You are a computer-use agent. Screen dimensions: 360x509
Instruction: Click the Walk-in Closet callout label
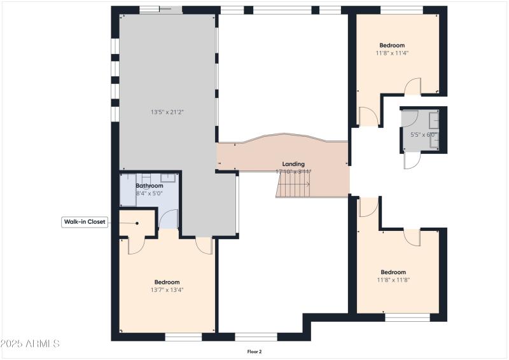84,222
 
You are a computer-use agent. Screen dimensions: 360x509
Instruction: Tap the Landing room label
293,163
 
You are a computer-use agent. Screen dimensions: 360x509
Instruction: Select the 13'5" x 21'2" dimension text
167,112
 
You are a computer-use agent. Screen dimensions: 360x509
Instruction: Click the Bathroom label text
150,186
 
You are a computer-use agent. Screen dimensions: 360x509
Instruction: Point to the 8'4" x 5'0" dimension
150,193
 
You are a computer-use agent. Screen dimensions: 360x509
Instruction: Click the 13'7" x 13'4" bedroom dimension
167,290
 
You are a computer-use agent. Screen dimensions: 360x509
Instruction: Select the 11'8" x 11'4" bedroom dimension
392,53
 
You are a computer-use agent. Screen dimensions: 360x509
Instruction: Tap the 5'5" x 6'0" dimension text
423,135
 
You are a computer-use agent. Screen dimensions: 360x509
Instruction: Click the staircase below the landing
293,185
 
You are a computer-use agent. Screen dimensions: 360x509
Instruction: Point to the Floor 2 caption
254,351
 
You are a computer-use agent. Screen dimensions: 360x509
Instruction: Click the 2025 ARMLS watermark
30,343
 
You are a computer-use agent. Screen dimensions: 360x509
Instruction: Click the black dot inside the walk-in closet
137,223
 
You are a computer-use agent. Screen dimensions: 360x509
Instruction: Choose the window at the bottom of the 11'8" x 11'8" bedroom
403,317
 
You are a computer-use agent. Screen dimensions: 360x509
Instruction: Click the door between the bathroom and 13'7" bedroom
168,219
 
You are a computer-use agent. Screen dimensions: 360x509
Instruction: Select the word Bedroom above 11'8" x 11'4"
392,46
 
